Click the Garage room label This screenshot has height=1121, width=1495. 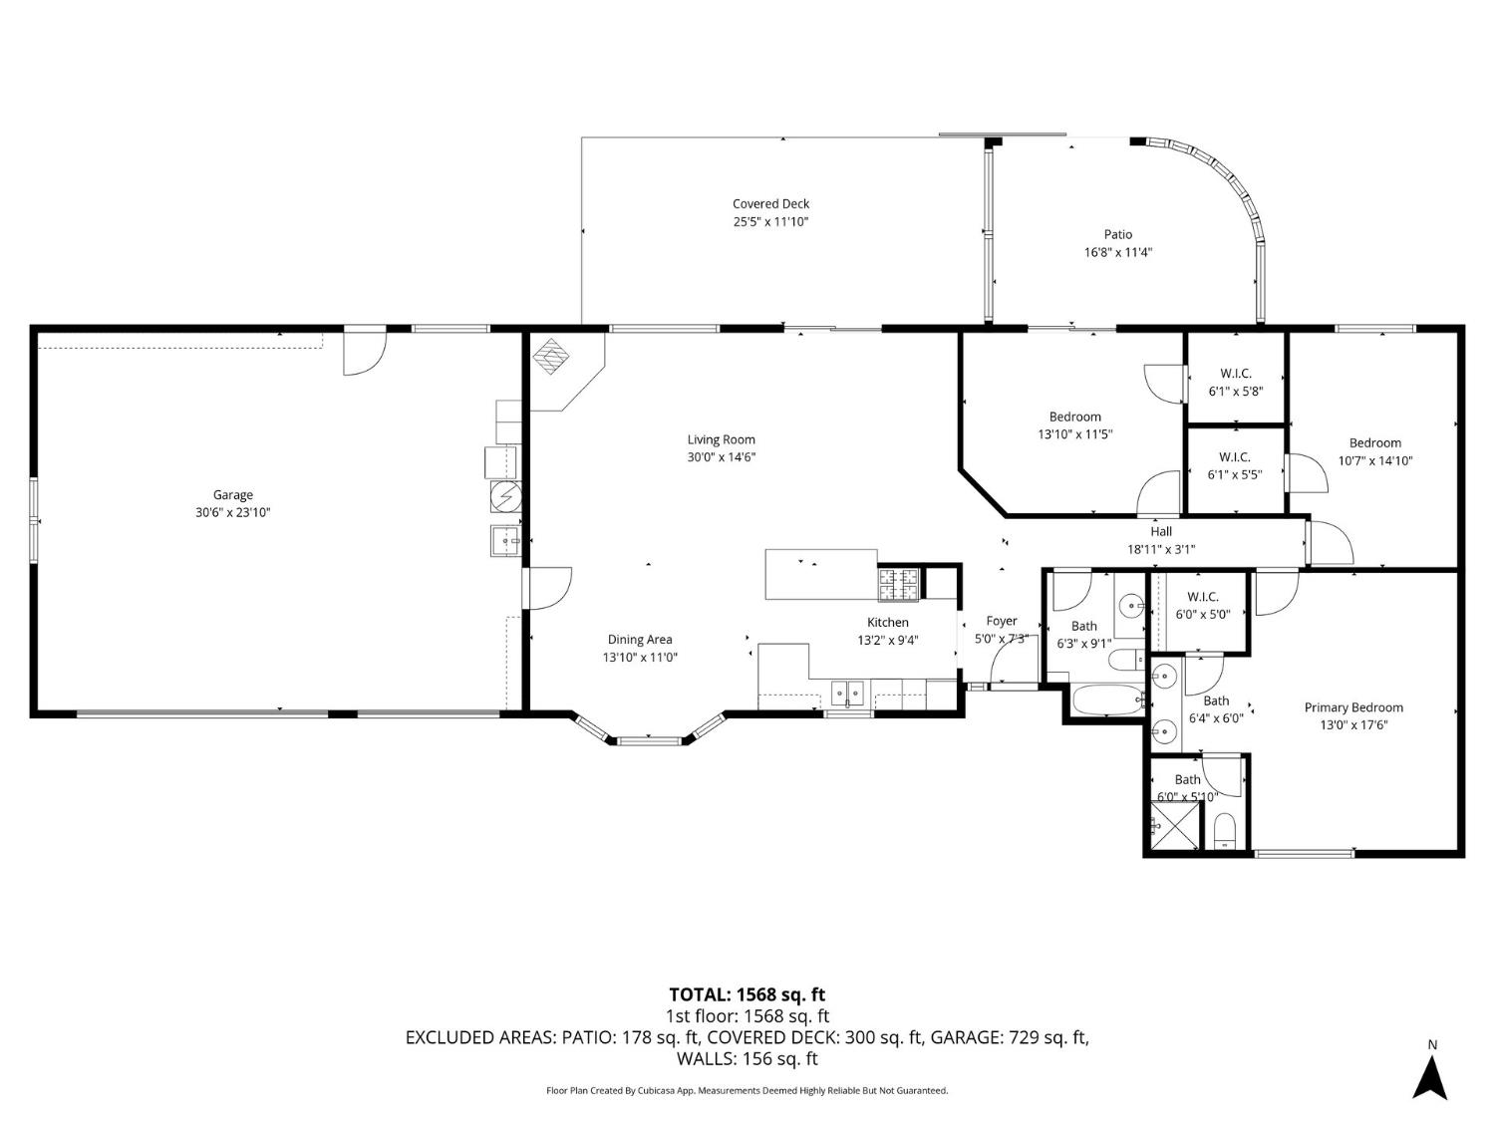(x=232, y=494)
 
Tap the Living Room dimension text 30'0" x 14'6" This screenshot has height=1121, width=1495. (x=722, y=457)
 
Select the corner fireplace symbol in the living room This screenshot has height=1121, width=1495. (x=549, y=355)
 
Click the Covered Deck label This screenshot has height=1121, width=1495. (x=770, y=203)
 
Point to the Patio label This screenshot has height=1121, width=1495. (x=1117, y=234)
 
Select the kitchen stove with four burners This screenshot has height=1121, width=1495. (x=898, y=584)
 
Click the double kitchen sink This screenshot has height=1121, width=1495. (x=848, y=693)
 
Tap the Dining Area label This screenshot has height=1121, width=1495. (x=640, y=640)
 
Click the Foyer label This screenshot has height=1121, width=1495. (x=1001, y=621)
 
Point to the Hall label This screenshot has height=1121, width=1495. (x=1160, y=531)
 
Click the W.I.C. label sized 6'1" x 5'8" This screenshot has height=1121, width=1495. (x=1235, y=374)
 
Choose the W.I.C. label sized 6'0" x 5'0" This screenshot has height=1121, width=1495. (x=1202, y=597)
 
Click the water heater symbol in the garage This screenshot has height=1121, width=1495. (x=505, y=494)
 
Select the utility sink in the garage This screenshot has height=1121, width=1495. (x=505, y=540)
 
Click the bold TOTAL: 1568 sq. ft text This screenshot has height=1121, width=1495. (x=747, y=994)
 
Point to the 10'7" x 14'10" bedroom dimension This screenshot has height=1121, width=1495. (x=1374, y=460)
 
